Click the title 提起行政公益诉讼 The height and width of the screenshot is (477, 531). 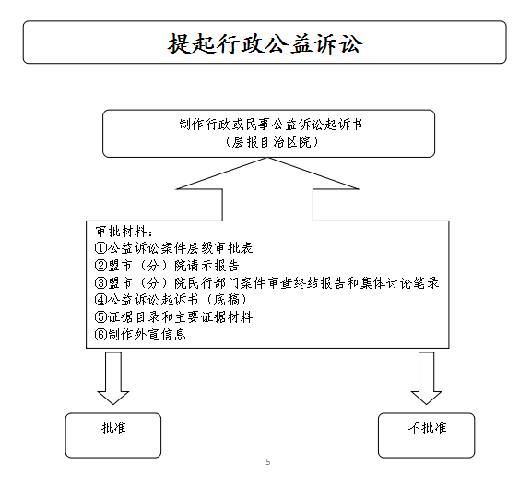click(265, 43)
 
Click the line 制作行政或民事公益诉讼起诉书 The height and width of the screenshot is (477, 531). click(271, 125)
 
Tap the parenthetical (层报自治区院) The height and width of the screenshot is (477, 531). click(271, 142)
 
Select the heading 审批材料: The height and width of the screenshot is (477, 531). click(124, 232)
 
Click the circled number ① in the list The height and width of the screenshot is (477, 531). click(100, 248)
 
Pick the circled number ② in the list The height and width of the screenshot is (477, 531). click(100, 266)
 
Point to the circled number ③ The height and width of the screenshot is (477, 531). click(100, 282)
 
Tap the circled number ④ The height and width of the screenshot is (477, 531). click(100, 300)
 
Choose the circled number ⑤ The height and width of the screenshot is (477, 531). click(100, 317)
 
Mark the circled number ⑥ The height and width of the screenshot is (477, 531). click(100, 335)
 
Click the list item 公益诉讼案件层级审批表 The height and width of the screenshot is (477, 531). click(180, 248)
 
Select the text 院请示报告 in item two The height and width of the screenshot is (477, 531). click(206, 266)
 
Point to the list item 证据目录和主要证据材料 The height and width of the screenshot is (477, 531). click(180, 317)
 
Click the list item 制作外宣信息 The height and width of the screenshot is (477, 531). click(147, 335)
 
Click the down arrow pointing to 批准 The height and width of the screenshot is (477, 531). click(113, 378)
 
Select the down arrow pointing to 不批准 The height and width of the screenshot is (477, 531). click(426, 378)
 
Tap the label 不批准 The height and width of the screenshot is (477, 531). click(427, 427)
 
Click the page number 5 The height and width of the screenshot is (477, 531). click(268, 461)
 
